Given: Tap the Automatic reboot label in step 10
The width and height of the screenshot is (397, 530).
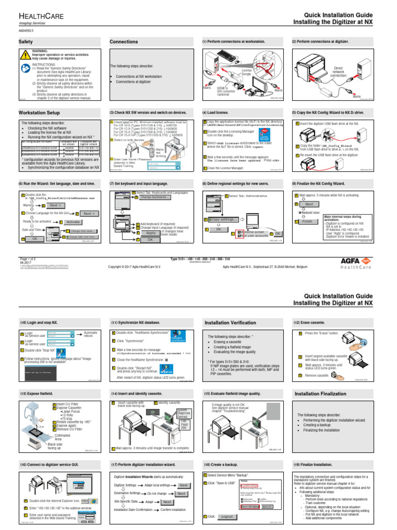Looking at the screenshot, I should pyautogui.click(x=91, y=334).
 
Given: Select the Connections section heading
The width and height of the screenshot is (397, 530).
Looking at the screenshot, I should pyautogui.click(x=124, y=41).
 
